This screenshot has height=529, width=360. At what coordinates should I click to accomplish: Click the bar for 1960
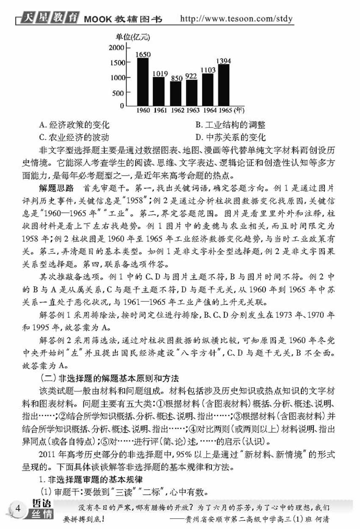pos(143,81)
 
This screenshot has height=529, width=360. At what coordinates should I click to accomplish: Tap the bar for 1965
pos(224,85)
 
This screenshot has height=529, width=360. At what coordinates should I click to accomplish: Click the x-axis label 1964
pos(208,111)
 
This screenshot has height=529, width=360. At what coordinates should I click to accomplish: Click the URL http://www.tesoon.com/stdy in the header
pos(237,19)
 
